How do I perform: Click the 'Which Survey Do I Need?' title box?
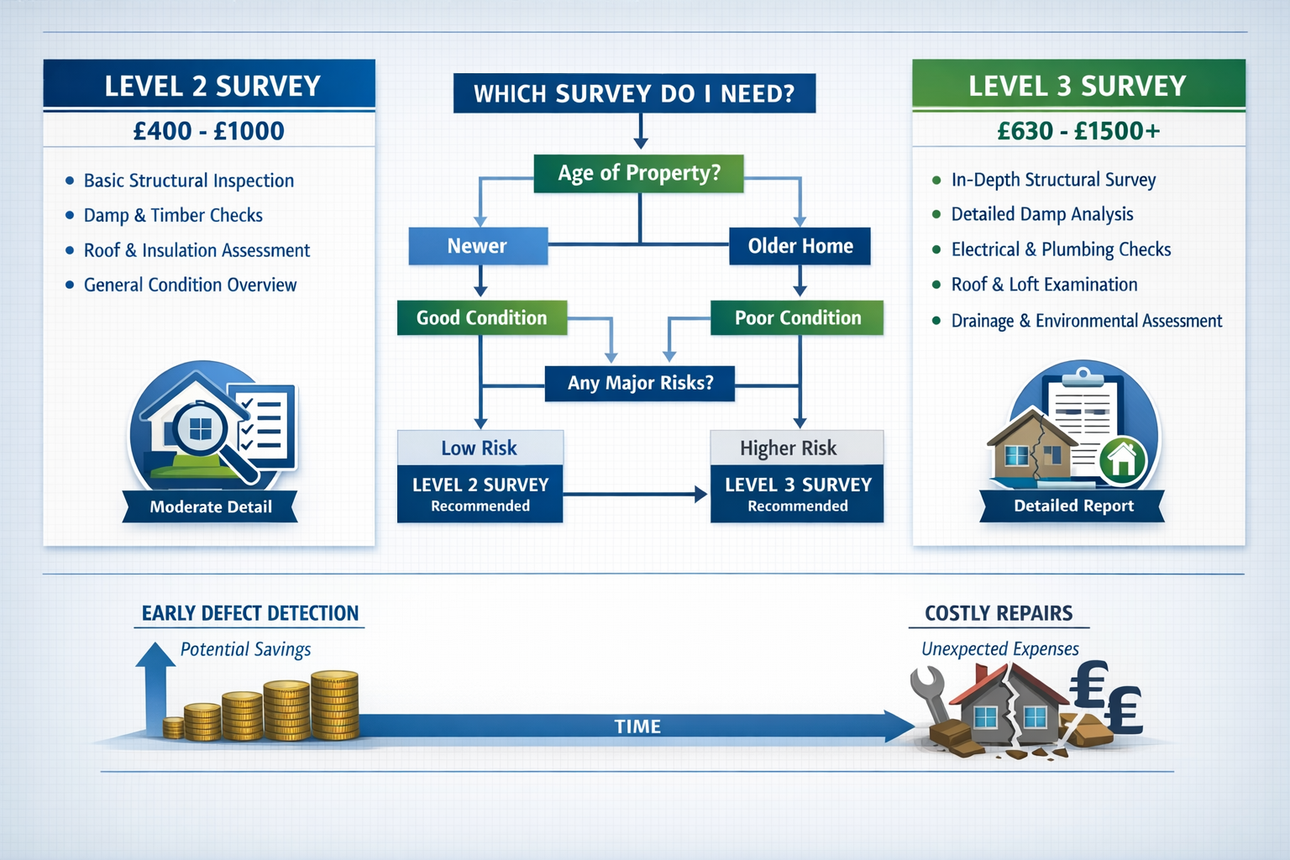pyautogui.click(x=634, y=93)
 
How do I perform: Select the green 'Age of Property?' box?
pyautogui.click(x=639, y=173)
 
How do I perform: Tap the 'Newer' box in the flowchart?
pyautogui.click(x=477, y=246)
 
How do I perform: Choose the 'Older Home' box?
pyautogui.click(x=800, y=246)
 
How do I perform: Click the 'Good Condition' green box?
pyautogui.click(x=481, y=317)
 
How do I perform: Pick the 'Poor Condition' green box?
pyautogui.click(x=797, y=317)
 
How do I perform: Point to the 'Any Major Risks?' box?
pyautogui.click(x=640, y=383)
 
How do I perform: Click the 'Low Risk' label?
pyautogui.click(x=480, y=448)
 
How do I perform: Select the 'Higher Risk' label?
pyautogui.click(x=788, y=448)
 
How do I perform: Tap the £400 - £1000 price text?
pyautogui.click(x=209, y=131)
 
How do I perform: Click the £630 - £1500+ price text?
pyautogui.click(x=1078, y=131)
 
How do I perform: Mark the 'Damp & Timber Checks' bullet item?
pyautogui.click(x=173, y=215)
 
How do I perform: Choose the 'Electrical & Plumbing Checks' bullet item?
pyautogui.click(x=1061, y=249)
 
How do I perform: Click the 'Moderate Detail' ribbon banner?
pyautogui.click(x=210, y=506)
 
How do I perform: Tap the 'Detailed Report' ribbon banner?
pyautogui.click(x=1073, y=506)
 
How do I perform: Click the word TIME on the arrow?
pyautogui.click(x=637, y=726)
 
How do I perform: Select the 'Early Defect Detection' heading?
pyautogui.click(x=249, y=613)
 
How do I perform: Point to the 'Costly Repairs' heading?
pyautogui.click(x=999, y=613)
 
